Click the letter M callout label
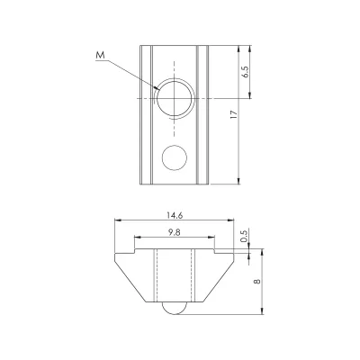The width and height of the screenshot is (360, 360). pos(101,55)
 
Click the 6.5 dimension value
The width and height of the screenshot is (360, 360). pos(246,72)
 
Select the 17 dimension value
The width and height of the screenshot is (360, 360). pos(234,114)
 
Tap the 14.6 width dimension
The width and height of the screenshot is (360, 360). pos(175,215)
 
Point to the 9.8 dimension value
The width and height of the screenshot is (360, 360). pos(175,232)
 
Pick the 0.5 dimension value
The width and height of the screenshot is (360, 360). pos(244,236)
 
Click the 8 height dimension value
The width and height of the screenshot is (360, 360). pos(257,282)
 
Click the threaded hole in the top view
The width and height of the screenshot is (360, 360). pos(175,98)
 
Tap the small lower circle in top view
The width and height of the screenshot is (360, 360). pos(175,157)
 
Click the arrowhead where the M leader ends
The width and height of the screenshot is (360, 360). pos(157,88)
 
